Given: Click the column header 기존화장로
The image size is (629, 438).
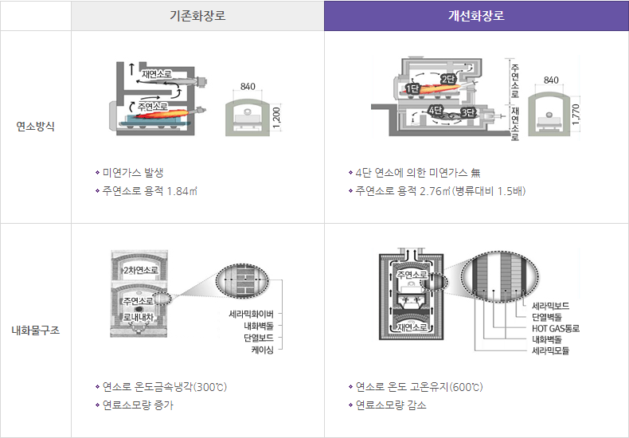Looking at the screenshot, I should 197,15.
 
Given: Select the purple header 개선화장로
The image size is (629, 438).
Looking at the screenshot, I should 476,15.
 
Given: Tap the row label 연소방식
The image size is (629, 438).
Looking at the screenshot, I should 36,127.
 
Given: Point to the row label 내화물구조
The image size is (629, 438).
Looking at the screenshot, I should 36,330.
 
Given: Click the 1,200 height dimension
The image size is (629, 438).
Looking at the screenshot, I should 275,116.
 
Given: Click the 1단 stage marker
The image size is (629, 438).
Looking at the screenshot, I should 412,88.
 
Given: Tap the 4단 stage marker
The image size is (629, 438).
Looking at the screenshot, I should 436,110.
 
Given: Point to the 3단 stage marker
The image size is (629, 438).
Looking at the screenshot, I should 468,112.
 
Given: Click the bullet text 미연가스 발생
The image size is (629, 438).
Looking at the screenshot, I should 134,172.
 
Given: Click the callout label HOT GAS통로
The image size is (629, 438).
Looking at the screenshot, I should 556,328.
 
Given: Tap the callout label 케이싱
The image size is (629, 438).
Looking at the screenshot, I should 262,350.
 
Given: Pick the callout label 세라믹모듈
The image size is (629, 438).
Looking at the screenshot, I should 551,350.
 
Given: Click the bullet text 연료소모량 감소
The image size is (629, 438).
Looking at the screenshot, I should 391,405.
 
